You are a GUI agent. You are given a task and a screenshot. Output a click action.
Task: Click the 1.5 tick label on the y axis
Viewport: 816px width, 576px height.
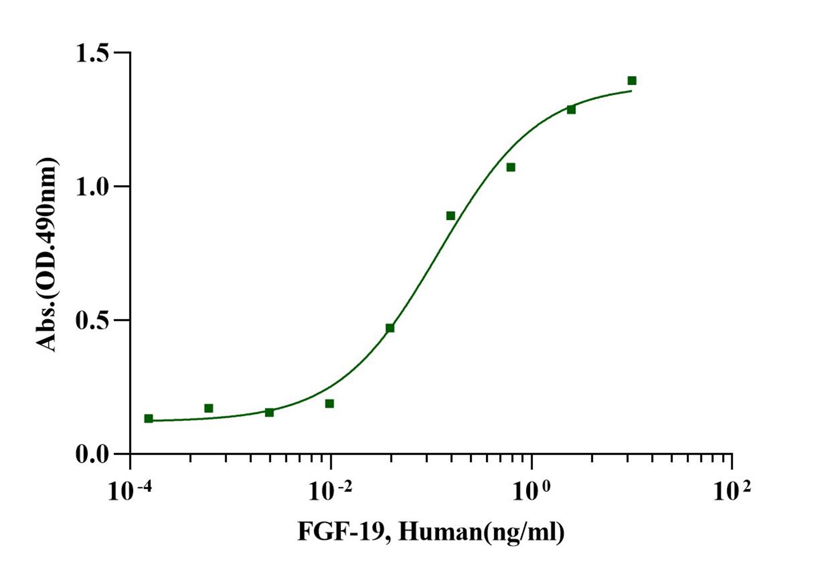93,53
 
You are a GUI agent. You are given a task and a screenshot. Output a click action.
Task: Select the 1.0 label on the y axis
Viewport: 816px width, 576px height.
93,186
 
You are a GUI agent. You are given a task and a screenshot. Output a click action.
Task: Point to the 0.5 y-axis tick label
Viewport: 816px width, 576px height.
93,320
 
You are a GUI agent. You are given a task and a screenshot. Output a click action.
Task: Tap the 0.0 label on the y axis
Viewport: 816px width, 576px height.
93,454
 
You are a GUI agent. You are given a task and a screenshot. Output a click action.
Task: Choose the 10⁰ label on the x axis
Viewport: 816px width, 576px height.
531,490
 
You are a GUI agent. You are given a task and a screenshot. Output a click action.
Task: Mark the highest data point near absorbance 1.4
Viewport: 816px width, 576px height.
632,81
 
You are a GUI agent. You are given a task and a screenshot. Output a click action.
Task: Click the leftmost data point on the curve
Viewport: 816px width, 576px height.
149,419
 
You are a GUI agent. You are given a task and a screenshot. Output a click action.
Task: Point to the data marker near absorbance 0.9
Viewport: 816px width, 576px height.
451,216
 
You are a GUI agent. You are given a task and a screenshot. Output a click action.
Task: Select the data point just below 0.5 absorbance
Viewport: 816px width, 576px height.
390,328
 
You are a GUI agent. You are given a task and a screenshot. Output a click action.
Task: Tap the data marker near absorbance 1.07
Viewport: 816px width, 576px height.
511,167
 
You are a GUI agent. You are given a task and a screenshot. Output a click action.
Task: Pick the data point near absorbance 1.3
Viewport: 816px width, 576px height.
571,109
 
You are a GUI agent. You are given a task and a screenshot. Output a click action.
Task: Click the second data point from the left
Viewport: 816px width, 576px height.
209,408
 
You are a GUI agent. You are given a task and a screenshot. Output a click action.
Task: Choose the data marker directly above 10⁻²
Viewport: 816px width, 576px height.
329,404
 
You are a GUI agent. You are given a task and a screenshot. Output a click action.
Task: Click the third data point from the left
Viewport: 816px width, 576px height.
269,412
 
